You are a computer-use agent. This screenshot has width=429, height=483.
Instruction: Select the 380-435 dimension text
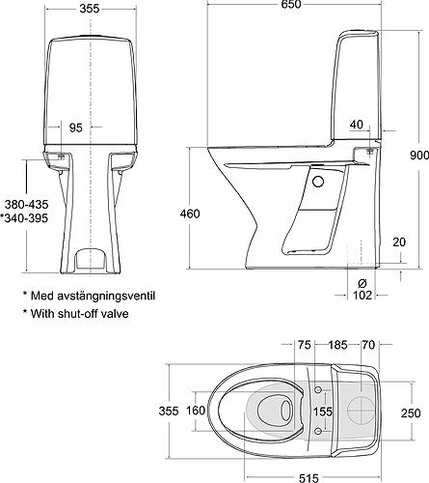[x=24, y=205]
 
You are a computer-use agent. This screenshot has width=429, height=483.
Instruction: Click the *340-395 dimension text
[x=24, y=220]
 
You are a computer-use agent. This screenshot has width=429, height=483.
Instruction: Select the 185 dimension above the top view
[x=337, y=343]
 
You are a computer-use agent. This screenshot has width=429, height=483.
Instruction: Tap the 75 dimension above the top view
[x=305, y=343]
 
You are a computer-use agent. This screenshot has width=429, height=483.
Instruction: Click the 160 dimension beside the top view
[x=196, y=412]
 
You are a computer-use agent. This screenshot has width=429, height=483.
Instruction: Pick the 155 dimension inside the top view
[x=321, y=412]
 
